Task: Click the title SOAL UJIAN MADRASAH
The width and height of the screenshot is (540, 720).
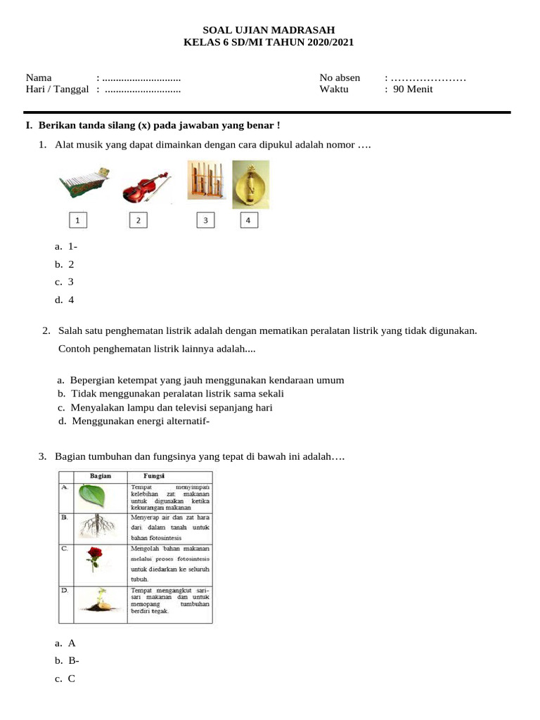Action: point(269,30)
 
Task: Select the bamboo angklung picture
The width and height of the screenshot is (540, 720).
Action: point(205,181)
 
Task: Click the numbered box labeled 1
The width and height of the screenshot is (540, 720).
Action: point(78,221)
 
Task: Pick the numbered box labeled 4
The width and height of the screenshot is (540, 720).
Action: point(247,221)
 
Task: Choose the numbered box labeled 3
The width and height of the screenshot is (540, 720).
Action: point(205,221)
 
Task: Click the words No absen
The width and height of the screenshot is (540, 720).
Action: point(340,77)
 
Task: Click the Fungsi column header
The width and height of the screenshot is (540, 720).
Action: point(154,476)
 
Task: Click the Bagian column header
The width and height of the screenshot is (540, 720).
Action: point(101,476)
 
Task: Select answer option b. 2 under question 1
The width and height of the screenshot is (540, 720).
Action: point(65,264)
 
